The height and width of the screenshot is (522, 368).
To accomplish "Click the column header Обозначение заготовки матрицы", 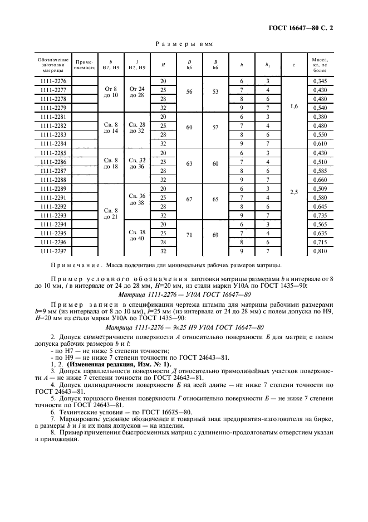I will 53,65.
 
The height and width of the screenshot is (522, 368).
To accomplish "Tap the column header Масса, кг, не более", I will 320,65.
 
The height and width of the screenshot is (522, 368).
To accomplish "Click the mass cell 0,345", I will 320,81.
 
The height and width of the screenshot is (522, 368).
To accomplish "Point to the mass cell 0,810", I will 320,252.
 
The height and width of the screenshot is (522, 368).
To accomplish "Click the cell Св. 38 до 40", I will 136,235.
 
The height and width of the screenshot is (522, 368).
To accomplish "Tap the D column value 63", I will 189,163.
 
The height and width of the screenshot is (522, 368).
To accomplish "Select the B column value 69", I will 215,235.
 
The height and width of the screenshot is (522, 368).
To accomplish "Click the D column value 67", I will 189,199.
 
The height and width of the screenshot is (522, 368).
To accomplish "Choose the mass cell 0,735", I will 320,215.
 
